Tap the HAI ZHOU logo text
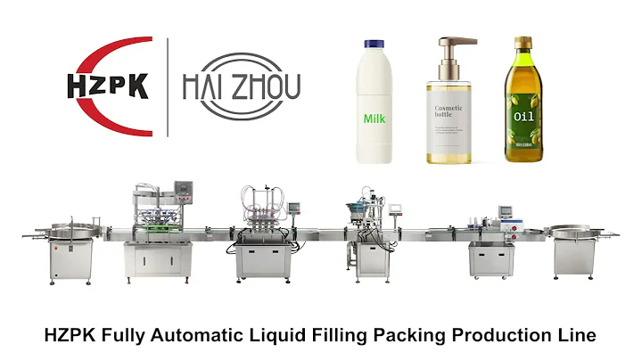(242, 87)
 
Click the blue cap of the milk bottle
(373, 43)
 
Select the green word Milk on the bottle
(374, 118)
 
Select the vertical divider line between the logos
(168, 86)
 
